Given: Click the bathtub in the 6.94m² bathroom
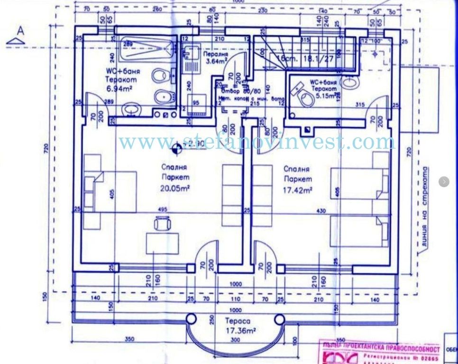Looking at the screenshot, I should click(x=146, y=49).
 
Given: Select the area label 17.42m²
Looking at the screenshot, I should click(x=297, y=190).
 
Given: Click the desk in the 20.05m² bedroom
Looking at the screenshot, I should click(x=163, y=243).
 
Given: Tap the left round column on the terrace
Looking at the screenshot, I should click(x=191, y=318).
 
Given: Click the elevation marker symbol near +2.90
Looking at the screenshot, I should click(x=177, y=149).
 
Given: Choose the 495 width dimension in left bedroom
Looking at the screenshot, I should click(x=162, y=209).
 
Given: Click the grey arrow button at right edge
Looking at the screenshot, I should click(x=444, y=182).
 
